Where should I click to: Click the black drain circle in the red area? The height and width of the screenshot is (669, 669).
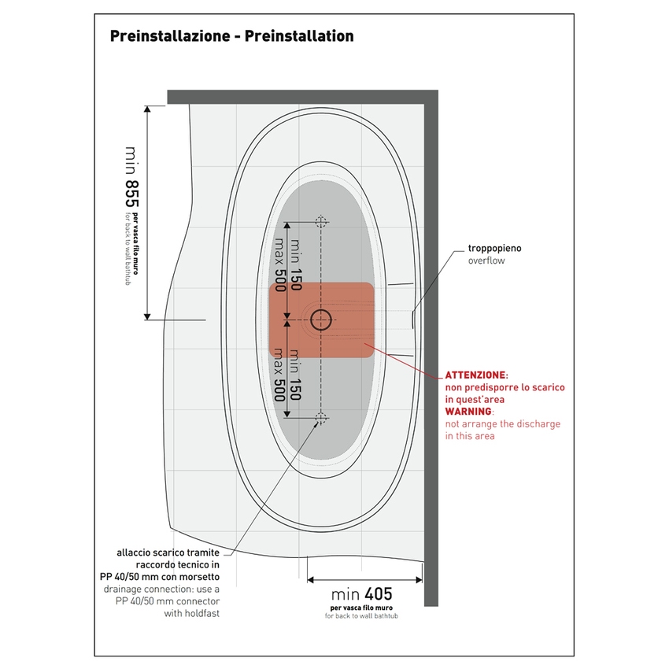320,320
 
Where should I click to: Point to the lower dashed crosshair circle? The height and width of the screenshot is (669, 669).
320,417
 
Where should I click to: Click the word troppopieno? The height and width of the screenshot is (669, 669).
494,249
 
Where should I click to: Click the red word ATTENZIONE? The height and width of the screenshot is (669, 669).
476,376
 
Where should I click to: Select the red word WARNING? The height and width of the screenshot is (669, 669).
468,412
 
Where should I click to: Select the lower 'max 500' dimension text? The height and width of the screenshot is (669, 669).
278,376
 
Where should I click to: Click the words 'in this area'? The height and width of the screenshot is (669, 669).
470,435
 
